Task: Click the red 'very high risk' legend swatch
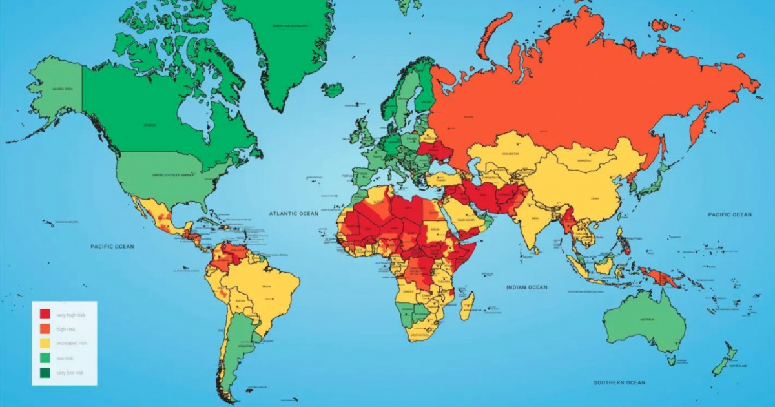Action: tap(45, 315)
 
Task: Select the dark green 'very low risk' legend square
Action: tap(45, 373)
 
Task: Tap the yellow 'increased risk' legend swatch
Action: tap(45, 344)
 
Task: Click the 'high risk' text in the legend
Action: tap(67, 329)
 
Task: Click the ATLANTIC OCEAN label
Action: tap(294, 213)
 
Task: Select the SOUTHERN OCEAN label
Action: tap(619, 382)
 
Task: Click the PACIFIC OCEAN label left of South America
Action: tap(112, 246)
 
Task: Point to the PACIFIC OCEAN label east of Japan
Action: tap(730, 214)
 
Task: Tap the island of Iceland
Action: tap(333, 90)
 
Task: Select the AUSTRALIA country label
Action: tap(646, 320)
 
